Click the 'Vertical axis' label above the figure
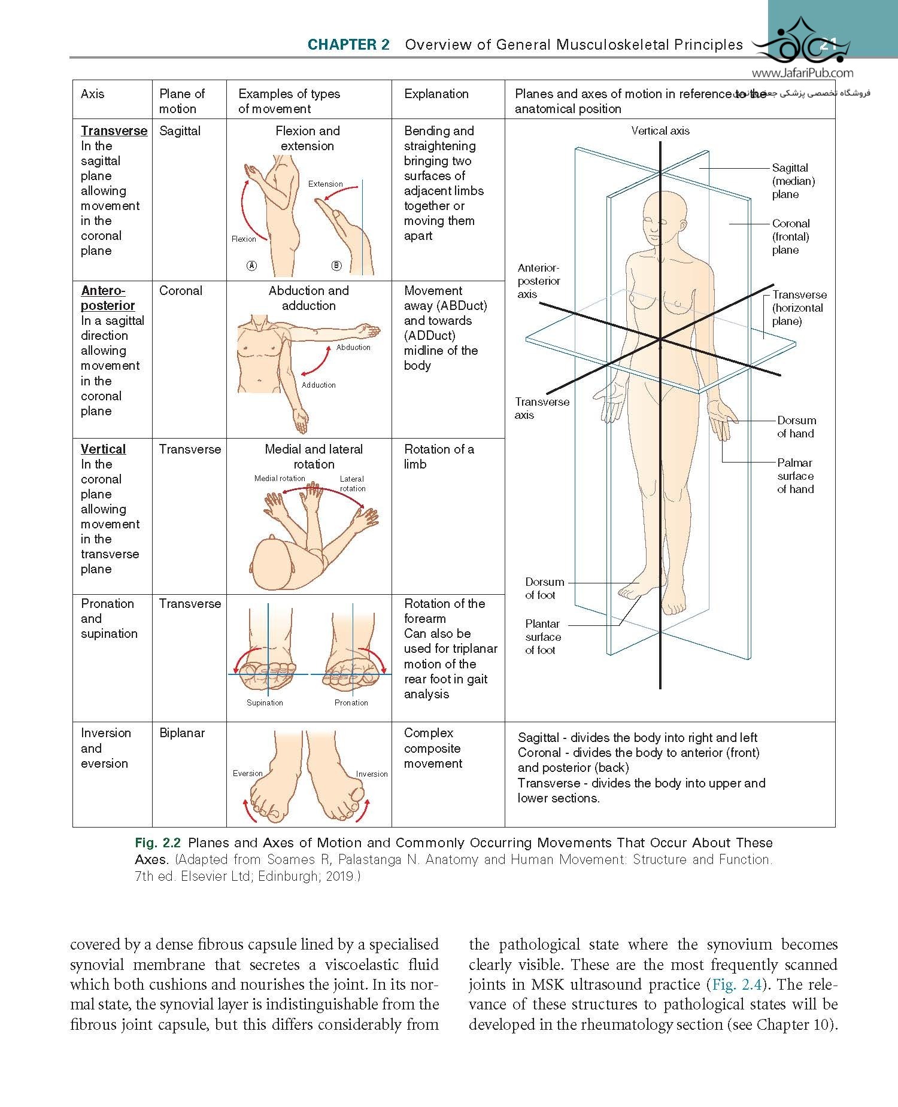[x=660, y=131]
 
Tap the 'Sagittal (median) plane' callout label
[x=793, y=181]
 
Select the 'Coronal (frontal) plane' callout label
[x=791, y=236]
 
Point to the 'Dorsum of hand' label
[x=796, y=427]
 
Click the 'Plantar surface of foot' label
[x=543, y=637]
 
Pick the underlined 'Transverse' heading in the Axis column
[x=114, y=131]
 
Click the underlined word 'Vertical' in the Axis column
[x=103, y=449]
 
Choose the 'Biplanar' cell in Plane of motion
[x=182, y=733]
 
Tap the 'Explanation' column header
[x=436, y=94]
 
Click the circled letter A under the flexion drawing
[x=252, y=266]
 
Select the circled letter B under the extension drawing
[x=336, y=266]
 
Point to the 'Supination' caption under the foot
[x=265, y=702]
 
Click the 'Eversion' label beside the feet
[x=248, y=773]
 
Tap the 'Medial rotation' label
[x=280, y=478]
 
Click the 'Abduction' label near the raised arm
[x=353, y=347]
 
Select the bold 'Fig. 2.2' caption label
[x=157, y=843]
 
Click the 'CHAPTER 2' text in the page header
[x=348, y=45]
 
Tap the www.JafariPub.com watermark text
[x=802, y=74]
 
